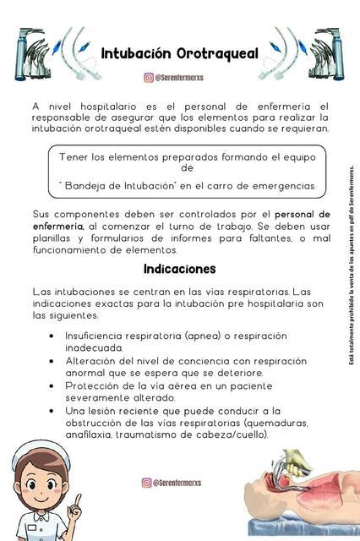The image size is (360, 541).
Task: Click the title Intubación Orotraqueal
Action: tap(180, 53)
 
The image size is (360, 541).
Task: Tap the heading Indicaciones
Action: tap(180, 269)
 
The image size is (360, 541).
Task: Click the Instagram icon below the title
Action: tap(149, 78)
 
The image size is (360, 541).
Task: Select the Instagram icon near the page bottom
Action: tap(147, 483)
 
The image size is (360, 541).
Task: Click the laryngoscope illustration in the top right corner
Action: tap(324, 52)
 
